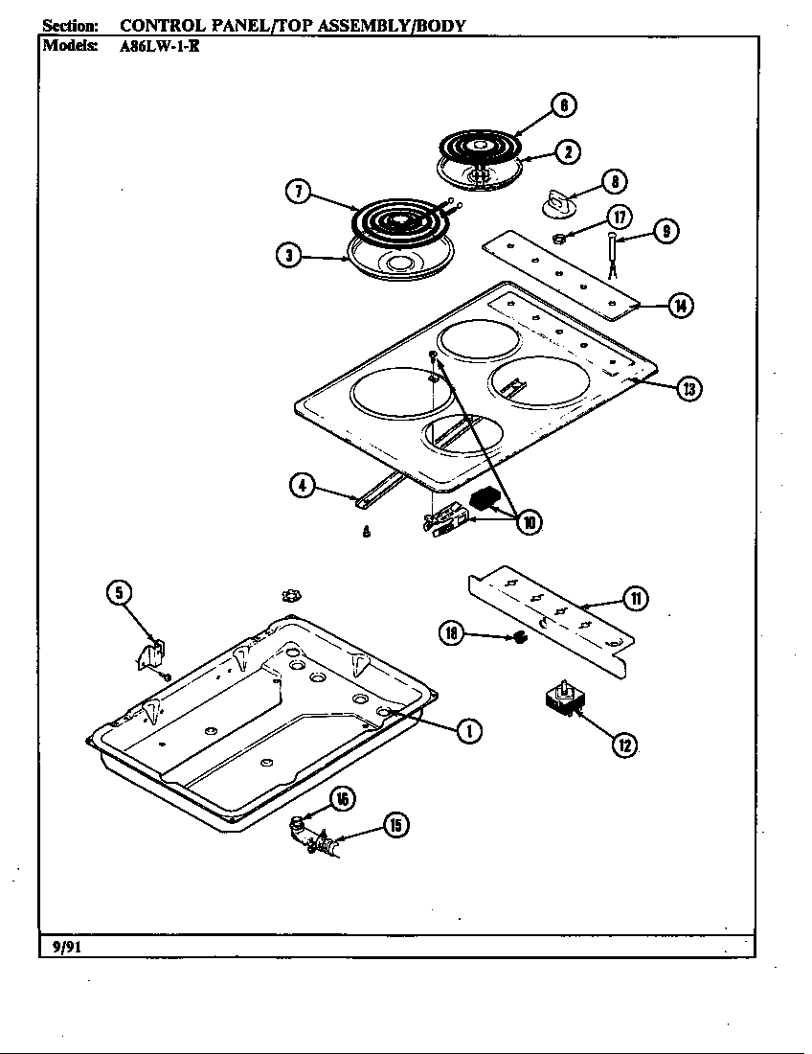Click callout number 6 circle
(x=565, y=105)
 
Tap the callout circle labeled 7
(x=299, y=191)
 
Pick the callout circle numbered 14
(x=680, y=306)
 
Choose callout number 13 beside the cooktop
(x=688, y=388)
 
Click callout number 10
(x=527, y=521)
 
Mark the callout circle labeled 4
(x=303, y=485)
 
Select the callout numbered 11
(x=635, y=599)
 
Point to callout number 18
(x=452, y=631)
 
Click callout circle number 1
(x=468, y=731)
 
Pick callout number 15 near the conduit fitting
(x=395, y=825)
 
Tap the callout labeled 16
(x=342, y=799)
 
